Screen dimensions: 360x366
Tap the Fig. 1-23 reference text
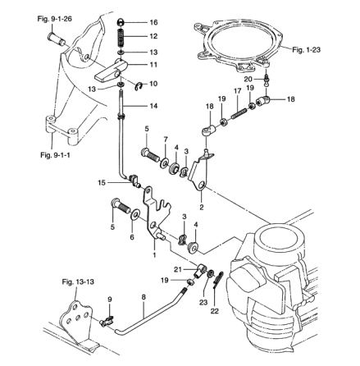coord(306,50)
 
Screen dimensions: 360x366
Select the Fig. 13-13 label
coord(78,282)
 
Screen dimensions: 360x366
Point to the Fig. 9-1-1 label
coord(55,155)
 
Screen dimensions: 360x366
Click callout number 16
coord(153,22)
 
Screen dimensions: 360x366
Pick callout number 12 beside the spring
coord(153,36)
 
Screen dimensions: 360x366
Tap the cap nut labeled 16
coord(121,22)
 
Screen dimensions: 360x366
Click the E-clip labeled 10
coord(139,87)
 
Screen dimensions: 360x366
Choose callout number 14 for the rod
coord(153,106)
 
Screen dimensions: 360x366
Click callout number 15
coord(102,183)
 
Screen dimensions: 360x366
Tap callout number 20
coord(248,80)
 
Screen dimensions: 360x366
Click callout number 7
coord(166,140)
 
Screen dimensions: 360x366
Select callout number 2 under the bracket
coord(202,208)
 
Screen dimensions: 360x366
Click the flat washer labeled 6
coord(135,215)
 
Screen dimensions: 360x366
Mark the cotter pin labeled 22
coord(218,280)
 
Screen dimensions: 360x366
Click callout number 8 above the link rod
coord(144,297)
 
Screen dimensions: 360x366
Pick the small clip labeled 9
coord(107,321)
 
